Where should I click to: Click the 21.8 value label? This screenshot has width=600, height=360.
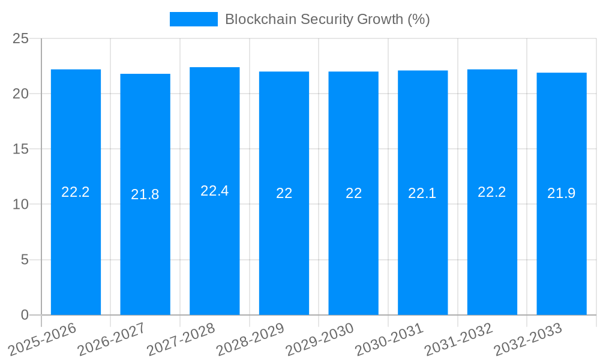click(x=145, y=194)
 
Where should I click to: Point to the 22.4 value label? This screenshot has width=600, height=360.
click(x=215, y=191)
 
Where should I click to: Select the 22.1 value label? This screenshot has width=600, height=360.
click(x=422, y=193)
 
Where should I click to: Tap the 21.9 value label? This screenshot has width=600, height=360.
click(x=562, y=193)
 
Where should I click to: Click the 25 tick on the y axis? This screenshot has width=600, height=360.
click(x=21, y=38)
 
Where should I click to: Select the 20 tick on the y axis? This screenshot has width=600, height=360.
click(x=21, y=94)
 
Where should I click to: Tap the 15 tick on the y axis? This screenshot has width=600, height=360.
click(x=21, y=149)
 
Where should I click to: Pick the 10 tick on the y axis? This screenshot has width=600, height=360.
click(x=21, y=205)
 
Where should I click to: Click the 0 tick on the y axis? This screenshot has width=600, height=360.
click(x=25, y=315)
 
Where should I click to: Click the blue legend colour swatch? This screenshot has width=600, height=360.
click(x=193, y=19)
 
